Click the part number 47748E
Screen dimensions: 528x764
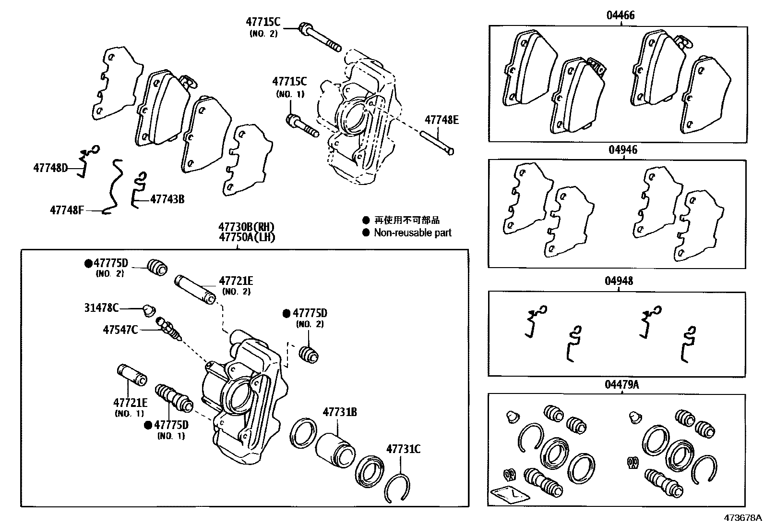click(441, 120)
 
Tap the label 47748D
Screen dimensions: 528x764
click(50, 168)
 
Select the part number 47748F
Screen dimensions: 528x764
click(67, 210)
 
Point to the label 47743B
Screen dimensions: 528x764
click(167, 198)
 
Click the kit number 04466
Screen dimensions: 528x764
click(620, 15)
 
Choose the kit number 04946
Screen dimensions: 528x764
click(623, 150)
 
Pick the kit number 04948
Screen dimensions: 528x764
click(619, 281)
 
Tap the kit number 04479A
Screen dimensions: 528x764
click(622, 384)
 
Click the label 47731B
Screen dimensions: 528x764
click(340, 412)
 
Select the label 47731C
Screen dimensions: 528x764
click(404, 449)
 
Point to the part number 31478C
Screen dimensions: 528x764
click(101, 307)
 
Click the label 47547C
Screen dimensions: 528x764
click(120, 330)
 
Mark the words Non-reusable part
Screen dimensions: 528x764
click(413, 233)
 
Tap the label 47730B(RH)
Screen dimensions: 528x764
click(247, 227)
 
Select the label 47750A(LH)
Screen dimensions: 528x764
click(247, 237)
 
